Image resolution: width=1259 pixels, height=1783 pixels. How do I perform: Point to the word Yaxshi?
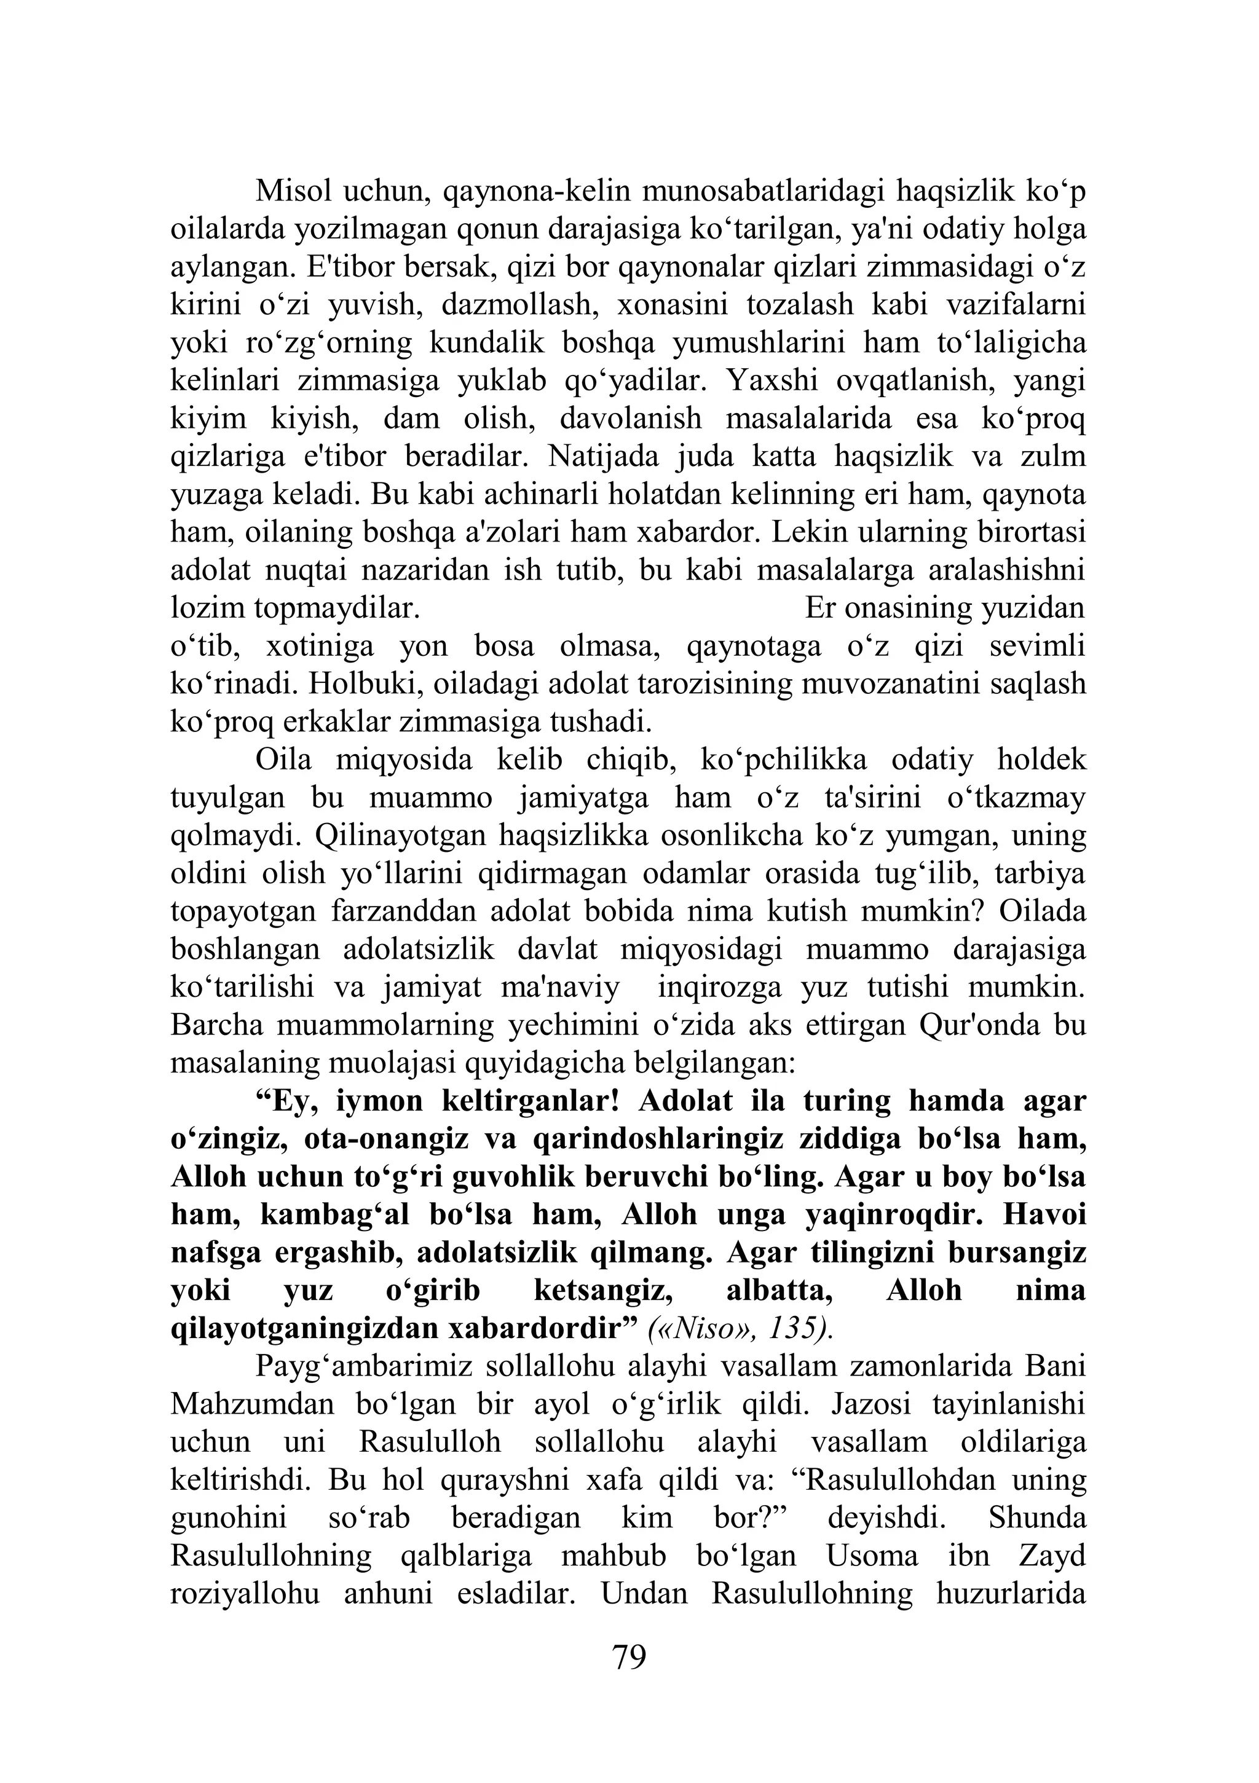tap(773, 380)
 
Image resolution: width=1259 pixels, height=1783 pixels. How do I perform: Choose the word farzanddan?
tap(394, 911)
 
